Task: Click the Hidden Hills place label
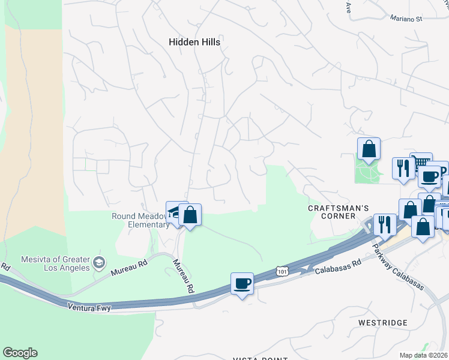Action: pyautogui.click(x=194, y=43)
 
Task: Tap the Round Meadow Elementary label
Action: pyautogui.click(x=140, y=221)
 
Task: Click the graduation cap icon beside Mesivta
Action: pyautogui.click(x=99, y=263)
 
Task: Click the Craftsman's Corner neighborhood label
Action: pyautogui.click(x=338, y=212)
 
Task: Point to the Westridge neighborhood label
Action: pyautogui.click(x=382, y=323)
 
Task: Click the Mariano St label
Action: pyautogui.click(x=406, y=19)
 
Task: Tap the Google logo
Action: pyautogui.click(x=20, y=353)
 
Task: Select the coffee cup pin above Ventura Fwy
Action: pyautogui.click(x=243, y=283)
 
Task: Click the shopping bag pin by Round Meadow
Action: pyautogui.click(x=190, y=215)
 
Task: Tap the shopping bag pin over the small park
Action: pyautogui.click(x=369, y=149)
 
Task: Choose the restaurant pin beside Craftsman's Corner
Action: pyautogui.click(x=385, y=225)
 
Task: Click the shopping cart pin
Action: pyautogui.click(x=421, y=163)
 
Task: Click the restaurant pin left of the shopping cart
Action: pyautogui.click(x=402, y=168)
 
